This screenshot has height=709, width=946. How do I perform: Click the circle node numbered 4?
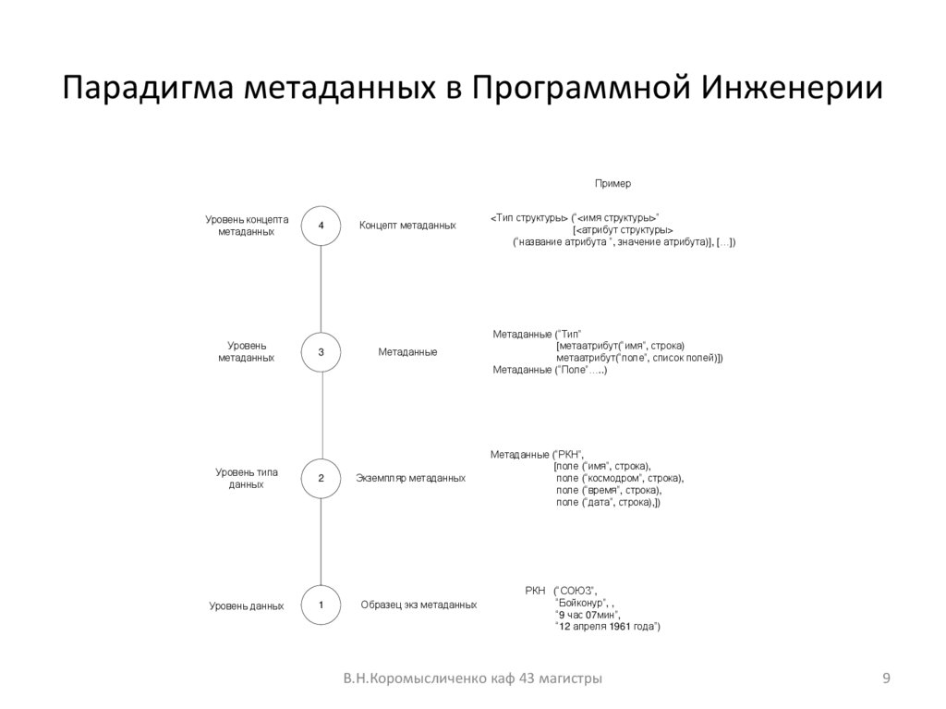tap(321, 226)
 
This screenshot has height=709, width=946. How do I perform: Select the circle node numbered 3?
tap(321, 352)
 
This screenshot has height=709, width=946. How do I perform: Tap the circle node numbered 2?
tap(321, 479)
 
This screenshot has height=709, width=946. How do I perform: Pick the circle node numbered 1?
tap(321, 605)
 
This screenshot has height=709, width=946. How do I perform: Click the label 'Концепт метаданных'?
tap(407, 226)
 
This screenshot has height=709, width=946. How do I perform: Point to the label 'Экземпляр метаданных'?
tap(410, 479)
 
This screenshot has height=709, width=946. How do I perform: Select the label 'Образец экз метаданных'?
tap(418, 605)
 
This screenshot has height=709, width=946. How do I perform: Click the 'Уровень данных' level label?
tap(247, 606)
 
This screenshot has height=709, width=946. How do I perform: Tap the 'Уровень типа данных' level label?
tap(247, 478)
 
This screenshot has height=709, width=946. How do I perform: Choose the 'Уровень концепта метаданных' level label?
tap(247, 226)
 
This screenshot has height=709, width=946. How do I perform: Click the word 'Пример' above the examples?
tap(612, 184)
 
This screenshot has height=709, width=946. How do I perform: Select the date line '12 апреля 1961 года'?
tap(606, 627)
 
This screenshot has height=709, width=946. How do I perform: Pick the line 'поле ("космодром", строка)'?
tap(619, 478)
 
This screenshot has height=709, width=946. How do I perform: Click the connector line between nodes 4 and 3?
tap(321, 288)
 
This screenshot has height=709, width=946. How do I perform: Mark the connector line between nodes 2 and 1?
tap(321, 542)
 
